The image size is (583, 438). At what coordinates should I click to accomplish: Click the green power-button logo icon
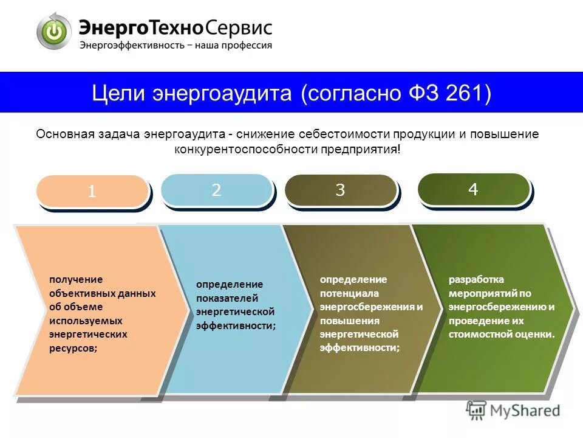pyautogui.click(x=54, y=31)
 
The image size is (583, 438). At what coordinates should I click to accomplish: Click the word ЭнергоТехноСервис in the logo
pyautogui.click(x=175, y=27)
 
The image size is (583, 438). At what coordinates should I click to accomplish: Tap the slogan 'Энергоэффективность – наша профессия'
pyautogui.click(x=176, y=45)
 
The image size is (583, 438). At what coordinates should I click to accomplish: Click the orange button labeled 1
pyautogui.click(x=92, y=191)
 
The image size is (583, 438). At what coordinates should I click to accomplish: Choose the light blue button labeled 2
pyautogui.click(x=216, y=190)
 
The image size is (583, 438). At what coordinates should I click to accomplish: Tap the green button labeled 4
pyautogui.click(x=473, y=189)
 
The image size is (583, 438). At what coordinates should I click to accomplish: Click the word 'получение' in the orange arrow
pyautogui.click(x=76, y=279)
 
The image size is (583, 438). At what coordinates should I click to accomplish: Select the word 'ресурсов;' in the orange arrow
pyautogui.click(x=73, y=349)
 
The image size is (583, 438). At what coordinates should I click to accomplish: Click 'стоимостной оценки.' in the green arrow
pyautogui.click(x=502, y=335)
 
